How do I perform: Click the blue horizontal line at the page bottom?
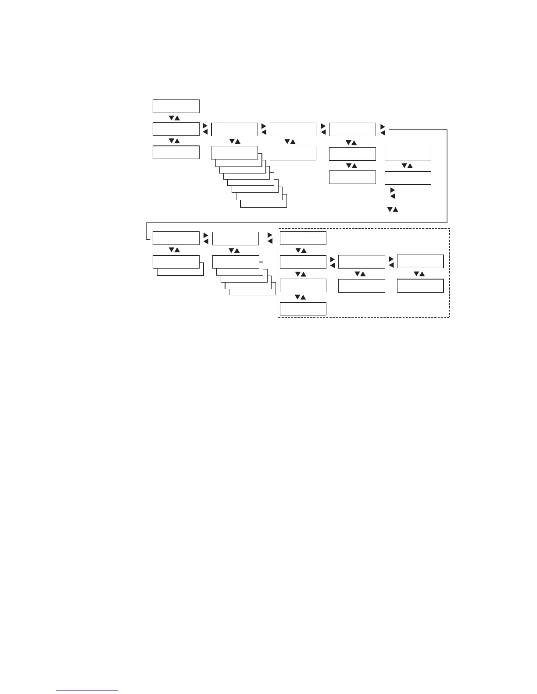pyautogui.click(x=87, y=690)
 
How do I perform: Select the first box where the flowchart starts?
pyautogui.click(x=176, y=106)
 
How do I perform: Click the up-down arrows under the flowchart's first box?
pyautogui.click(x=174, y=118)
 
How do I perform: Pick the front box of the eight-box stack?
pyautogui.click(x=234, y=152)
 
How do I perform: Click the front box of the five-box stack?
pyautogui.click(x=236, y=262)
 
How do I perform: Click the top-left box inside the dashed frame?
pyautogui.click(x=303, y=238)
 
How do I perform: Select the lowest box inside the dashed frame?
pyautogui.click(x=303, y=308)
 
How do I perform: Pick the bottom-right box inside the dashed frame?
pyautogui.click(x=420, y=286)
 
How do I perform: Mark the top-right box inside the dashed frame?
pyautogui.click(x=420, y=261)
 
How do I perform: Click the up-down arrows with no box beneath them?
pyautogui.click(x=392, y=210)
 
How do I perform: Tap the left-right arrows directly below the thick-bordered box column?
pyautogui.click(x=392, y=193)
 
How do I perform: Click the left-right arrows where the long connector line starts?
pyautogui.click(x=383, y=130)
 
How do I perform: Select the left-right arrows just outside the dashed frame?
pyautogui.click(x=270, y=238)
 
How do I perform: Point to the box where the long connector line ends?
pyautogui.click(x=176, y=238)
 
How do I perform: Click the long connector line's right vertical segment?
pyautogui.click(x=447, y=175)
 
